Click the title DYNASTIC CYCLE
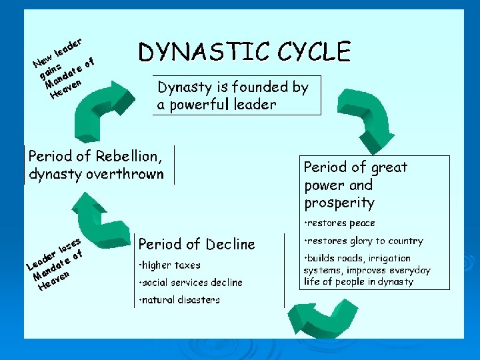(244, 52)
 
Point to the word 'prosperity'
(339, 203)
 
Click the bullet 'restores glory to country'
(363, 241)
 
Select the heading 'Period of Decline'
(197, 245)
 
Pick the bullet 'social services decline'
(191, 283)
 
